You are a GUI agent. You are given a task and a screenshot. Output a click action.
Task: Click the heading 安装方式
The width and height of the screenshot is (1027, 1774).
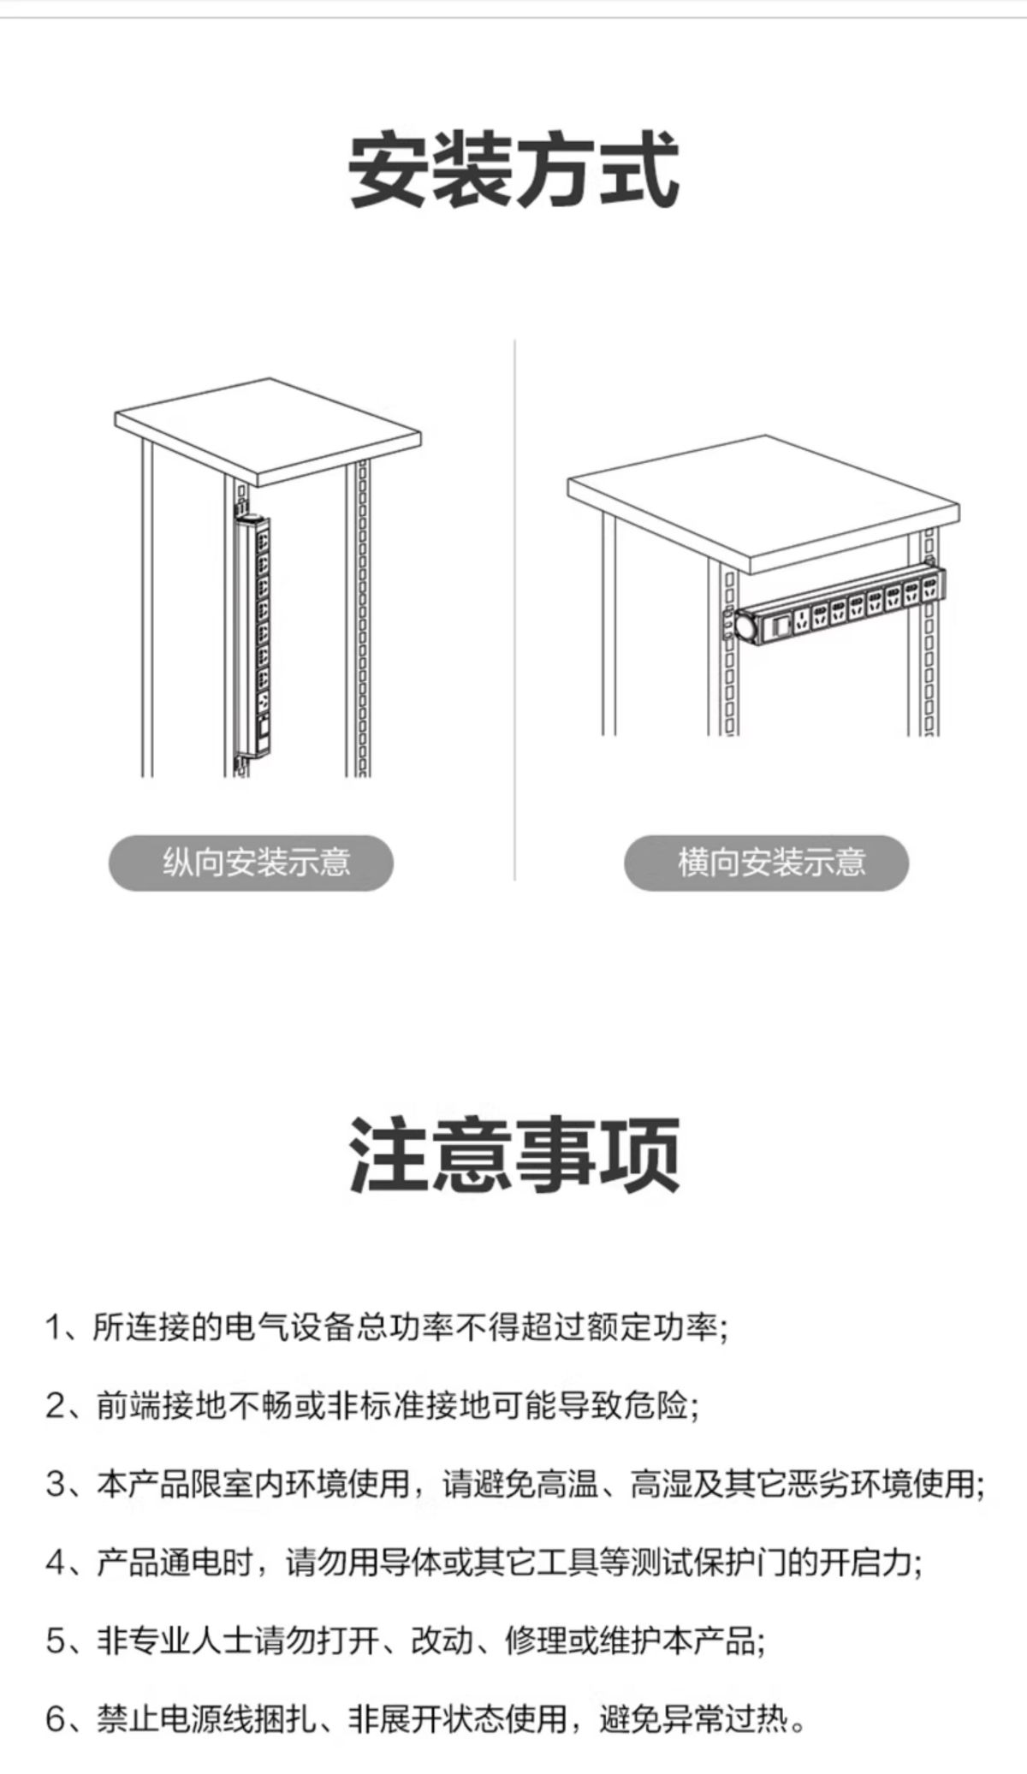pyautogui.click(x=513, y=169)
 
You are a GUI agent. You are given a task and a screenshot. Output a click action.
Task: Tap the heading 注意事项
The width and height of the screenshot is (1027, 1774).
pyautogui.click(x=513, y=1155)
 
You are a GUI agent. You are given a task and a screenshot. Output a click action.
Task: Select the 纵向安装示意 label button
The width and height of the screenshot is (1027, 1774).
pyautogui.click(x=251, y=863)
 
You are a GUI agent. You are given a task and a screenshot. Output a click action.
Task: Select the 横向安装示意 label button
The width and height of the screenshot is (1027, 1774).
pyautogui.click(x=766, y=863)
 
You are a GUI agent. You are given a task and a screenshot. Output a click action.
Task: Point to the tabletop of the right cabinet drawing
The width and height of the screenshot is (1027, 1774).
pyautogui.click(x=763, y=503)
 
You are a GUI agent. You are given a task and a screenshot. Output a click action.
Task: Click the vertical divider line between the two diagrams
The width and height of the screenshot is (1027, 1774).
pyautogui.click(x=514, y=609)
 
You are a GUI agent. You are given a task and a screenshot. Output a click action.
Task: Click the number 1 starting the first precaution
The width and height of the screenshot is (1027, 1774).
pyautogui.click(x=55, y=1327)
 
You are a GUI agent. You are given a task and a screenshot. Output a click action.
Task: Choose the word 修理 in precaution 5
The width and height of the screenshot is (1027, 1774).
pyautogui.click(x=536, y=1641)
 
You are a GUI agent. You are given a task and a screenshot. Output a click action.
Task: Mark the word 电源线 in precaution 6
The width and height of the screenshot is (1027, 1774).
pyautogui.click(x=207, y=1720)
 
